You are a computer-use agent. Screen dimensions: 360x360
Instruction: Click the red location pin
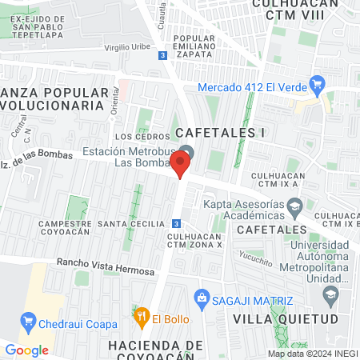click(x=181, y=165)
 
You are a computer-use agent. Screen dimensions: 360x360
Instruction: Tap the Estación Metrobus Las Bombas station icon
click(x=187, y=153)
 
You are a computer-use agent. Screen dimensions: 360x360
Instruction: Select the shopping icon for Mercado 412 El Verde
click(x=317, y=82)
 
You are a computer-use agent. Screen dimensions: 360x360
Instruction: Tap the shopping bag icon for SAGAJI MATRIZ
click(x=202, y=299)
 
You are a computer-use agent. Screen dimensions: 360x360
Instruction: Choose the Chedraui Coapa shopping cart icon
click(x=30, y=323)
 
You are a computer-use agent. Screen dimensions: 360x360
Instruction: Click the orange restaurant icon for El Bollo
click(x=142, y=318)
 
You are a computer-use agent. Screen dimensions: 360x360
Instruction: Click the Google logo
click(x=26, y=350)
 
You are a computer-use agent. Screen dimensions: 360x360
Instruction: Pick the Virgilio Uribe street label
click(x=127, y=47)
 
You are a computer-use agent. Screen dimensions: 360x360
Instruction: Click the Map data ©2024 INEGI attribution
click(x=312, y=354)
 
